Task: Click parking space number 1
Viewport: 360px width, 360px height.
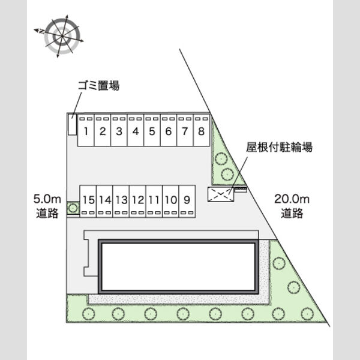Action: click(86, 130)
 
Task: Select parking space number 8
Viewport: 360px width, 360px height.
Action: click(202, 130)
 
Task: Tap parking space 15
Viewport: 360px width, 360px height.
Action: click(88, 201)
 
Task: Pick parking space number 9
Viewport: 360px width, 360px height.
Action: click(187, 201)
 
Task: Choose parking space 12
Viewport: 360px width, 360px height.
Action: click(138, 201)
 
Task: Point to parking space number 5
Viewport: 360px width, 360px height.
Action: click(152, 130)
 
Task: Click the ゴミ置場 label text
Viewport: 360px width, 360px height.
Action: click(99, 86)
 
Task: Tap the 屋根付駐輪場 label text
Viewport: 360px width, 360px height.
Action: click(279, 147)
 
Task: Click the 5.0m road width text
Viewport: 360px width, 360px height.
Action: click(47, 199)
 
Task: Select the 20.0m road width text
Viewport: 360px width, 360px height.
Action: click(292, 199)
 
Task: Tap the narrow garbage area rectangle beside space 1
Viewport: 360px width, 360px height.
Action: click(72, 124)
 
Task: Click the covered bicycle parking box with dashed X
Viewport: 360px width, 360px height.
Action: click(221, 194)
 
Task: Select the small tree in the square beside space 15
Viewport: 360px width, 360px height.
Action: click(73, 208)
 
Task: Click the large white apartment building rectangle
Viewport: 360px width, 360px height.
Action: click(178, 266)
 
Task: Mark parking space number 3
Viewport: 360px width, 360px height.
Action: click(119, 130)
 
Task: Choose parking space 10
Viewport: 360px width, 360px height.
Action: click(170, 201)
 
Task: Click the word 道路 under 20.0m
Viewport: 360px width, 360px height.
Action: click(292, 213)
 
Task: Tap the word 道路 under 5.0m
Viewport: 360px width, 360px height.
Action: click(47, 213)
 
